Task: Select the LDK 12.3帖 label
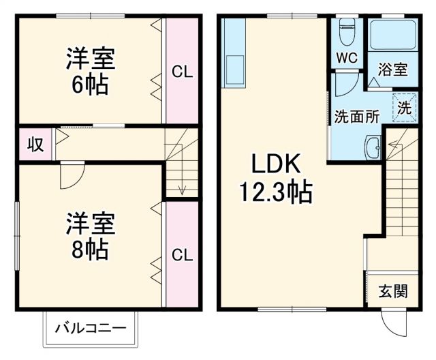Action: click(x=275, y=178)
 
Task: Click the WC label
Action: click(x=347, y=59)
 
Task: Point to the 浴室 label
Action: click(x=393, y=70)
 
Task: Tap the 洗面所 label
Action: click(x=356, y=116)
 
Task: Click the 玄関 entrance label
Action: click(x=393, y=292)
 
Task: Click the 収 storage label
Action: click(x=35, y=145)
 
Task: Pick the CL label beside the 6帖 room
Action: click(x=182, y=71)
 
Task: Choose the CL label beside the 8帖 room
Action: click(x=182, y=255)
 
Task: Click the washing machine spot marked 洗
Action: click(x=403, y=107)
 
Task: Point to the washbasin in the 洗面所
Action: click(x=373, y=146)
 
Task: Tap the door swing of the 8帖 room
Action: click(x=69, y=176)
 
